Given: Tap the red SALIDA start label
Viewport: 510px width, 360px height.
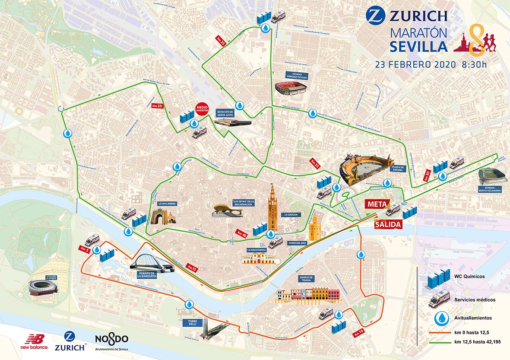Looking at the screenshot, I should coord(388,225).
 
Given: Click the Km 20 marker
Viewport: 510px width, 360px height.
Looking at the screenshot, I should coord(157,105).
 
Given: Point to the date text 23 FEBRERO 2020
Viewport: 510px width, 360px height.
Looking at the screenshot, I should coord(415,65).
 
